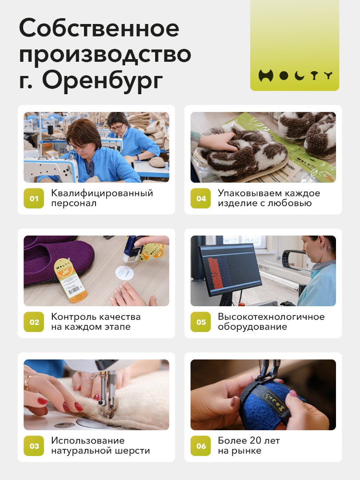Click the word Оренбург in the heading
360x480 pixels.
click(102, 81)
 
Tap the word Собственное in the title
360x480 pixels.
click(99, 28)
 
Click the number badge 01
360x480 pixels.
click(34, 198)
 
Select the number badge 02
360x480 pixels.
click(34, 322)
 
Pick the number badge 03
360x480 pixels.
click(34, 446)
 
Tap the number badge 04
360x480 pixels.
click(200, 198)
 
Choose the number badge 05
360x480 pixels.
click(200, 322)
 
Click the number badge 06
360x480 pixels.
click(200, 446)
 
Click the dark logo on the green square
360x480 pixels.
click(295, 75)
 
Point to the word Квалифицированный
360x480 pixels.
click(102, 193)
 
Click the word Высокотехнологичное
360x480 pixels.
click(271, 316)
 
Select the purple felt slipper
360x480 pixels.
click(58, 260)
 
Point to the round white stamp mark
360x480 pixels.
click(124, 272)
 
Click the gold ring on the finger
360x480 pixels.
click(28, 383)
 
